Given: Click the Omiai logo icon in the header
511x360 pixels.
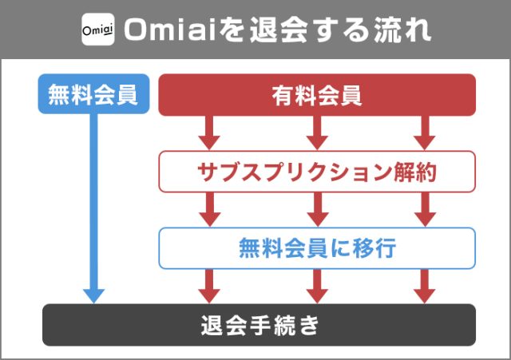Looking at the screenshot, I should pos(97,30).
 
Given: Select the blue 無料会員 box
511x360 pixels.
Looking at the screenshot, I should pos(93,95).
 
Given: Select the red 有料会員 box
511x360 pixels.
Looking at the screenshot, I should pos(317,95).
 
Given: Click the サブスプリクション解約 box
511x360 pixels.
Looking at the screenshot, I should pos(317,172).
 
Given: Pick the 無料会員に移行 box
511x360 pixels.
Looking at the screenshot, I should pos(317,247).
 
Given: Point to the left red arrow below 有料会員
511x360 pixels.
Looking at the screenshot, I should pos(209,133).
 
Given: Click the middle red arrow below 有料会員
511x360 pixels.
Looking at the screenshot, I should pos(317,133).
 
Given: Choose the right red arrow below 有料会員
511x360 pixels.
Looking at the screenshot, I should pos(425,133).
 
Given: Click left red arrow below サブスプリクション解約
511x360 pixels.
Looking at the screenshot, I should pos(209,209).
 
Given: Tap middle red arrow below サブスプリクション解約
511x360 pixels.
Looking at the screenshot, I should pos(317,209).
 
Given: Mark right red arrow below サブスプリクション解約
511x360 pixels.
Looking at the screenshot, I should pos(425,209).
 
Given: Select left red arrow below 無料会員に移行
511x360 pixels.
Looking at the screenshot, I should pos(209,286).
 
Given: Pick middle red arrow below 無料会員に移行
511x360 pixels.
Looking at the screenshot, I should pos(317,286).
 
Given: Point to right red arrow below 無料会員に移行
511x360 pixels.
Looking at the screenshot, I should pos(425,286).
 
